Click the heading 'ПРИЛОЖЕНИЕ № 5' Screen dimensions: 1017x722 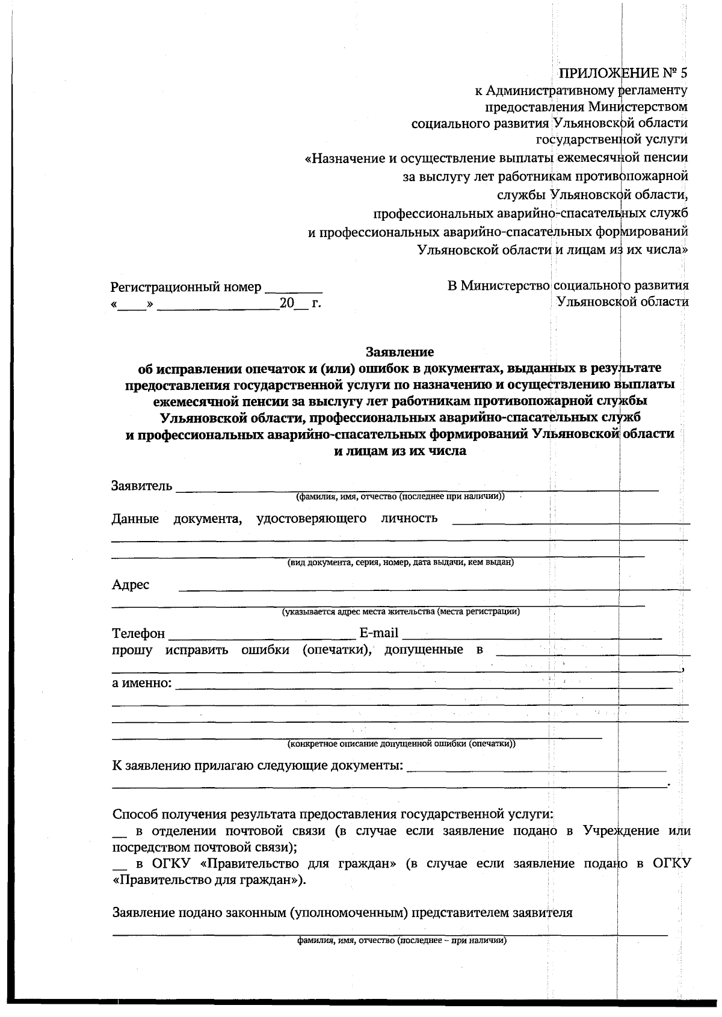(x=623, y=73)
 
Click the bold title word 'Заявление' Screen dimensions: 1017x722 (x=400, y=351)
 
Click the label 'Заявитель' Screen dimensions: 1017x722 (x=141, y=486)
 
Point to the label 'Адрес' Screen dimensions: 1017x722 (x=131, y=585)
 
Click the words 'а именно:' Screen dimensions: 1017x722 (x=142, y=684)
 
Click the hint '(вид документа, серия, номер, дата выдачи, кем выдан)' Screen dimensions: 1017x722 (x=400, y=563)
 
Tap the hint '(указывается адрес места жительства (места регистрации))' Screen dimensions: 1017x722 (x=401, y=612)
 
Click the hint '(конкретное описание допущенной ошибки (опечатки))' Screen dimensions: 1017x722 (x=401, y=744)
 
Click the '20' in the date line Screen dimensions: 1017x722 (x=286, y=303)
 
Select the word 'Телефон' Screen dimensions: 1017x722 (x=138, y=634)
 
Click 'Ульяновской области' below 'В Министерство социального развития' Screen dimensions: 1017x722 (x=623, y=301)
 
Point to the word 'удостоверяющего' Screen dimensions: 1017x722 (x=311, y=519)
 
